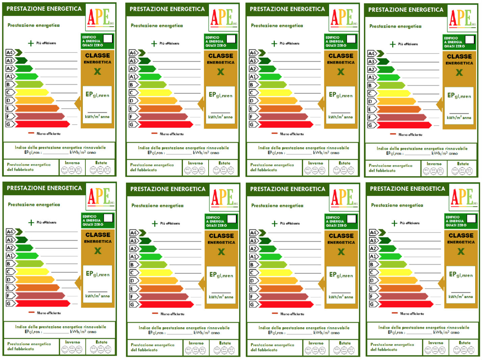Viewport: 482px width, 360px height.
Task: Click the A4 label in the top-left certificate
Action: tap(9, 53)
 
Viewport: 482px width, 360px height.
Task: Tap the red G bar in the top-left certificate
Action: tap(42, 124)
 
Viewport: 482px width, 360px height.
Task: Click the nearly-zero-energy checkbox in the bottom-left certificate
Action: tap(108, 218)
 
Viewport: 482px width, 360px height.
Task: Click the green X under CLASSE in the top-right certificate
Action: tap(459, 73)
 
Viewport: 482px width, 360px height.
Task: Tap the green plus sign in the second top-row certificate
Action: tap(154, 44)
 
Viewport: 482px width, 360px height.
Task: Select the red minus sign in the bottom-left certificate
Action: tap(31, 312)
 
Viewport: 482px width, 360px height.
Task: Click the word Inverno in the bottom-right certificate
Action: tap(436, 343)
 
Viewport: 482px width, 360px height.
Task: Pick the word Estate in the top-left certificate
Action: tap(101, 163)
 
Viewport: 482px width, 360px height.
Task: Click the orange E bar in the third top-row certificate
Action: tap(280, 109)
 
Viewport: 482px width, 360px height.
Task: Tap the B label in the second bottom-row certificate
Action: tap(132, 265)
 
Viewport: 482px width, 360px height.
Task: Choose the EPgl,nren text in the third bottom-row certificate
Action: tap(341, 275)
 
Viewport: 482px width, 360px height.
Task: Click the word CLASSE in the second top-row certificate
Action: tap(220, 56)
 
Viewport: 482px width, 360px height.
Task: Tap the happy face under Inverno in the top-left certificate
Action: tap(64, 170)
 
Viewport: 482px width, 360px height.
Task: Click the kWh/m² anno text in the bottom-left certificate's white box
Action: tap(98, 296)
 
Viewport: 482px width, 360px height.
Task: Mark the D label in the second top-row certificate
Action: tap(132, 101)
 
